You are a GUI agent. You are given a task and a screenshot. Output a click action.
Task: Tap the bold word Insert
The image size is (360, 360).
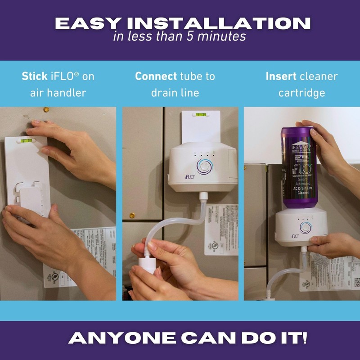click(279, 76)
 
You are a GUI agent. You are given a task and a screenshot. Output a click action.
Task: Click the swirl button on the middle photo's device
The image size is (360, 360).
click(205, 166)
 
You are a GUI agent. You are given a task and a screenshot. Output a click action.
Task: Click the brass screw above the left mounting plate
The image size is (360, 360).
click(46, 109)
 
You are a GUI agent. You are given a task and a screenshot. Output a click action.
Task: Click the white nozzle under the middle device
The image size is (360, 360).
click(203, 196)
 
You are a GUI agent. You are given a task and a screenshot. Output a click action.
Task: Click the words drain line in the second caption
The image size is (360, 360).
click(175, 93)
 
